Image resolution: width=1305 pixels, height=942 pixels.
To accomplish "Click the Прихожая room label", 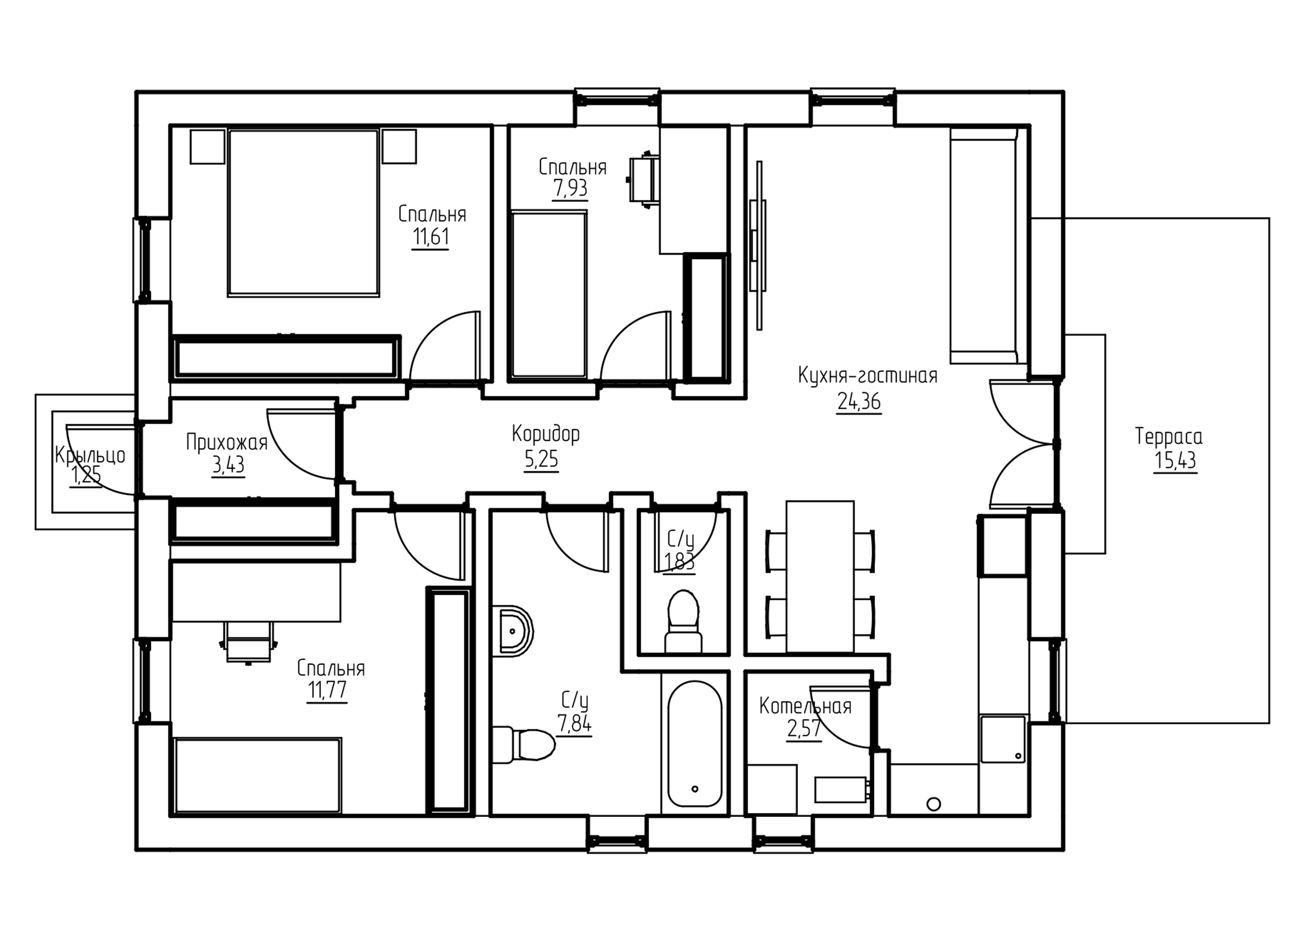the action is click(227, 442).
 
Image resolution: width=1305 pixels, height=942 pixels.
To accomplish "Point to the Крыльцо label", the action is click(90, 455).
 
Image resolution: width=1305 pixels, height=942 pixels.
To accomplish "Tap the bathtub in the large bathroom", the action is click(694, 744).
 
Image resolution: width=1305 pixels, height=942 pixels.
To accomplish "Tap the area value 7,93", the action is click(570, 188).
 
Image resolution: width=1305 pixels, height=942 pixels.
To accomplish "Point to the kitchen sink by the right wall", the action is click(1003, 739).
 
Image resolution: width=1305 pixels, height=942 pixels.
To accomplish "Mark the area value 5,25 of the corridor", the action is click(541, 460).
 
